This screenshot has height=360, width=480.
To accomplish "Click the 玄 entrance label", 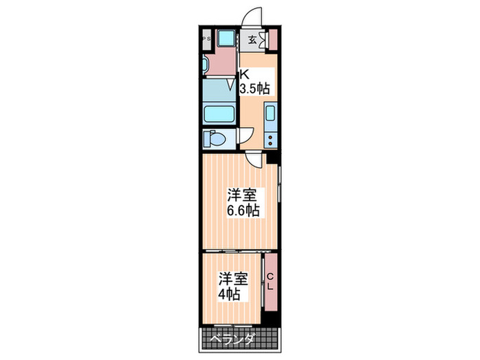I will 252,39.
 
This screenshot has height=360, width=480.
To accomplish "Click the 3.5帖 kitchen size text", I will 254,88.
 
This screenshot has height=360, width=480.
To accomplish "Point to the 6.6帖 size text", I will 244,211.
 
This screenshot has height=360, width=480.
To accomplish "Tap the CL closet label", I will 270,281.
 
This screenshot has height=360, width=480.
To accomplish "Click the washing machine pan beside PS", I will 225,39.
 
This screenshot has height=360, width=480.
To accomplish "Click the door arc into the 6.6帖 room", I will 253,160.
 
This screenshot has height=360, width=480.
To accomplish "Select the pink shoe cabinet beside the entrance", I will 272,38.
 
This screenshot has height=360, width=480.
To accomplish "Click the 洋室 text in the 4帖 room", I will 232,279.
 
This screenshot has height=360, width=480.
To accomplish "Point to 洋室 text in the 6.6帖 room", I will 243,195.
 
